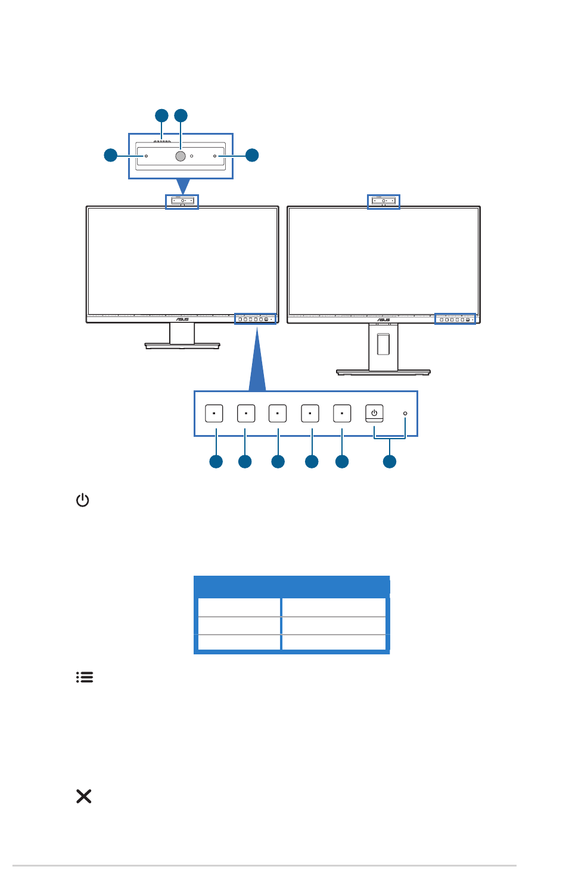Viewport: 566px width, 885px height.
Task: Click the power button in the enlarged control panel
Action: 374,413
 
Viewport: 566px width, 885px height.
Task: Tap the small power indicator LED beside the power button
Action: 405,413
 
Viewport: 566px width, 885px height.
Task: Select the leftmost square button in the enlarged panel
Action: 214,413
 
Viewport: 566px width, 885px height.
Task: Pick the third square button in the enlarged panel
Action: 278,413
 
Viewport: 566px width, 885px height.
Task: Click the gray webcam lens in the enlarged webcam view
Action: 181,156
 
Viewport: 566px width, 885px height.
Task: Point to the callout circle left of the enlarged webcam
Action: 110,155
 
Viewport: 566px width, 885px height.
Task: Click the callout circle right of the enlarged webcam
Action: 252,155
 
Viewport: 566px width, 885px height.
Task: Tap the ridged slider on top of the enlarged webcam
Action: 162,142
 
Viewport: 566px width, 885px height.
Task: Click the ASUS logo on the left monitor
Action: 182,319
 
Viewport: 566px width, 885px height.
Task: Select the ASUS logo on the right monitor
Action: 383,319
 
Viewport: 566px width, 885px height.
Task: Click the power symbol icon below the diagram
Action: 83,500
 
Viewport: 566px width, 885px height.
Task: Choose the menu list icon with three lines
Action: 85,677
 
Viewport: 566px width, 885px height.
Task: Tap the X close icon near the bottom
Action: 84,796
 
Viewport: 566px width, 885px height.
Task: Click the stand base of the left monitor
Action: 182,345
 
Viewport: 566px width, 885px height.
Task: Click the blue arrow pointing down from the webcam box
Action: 183,186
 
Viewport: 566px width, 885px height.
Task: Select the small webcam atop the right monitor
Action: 383,201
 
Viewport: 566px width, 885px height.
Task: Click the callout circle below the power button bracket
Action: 389,461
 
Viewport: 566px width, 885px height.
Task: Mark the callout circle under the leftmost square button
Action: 216,461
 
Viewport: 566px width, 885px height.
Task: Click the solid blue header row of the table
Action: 292,586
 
